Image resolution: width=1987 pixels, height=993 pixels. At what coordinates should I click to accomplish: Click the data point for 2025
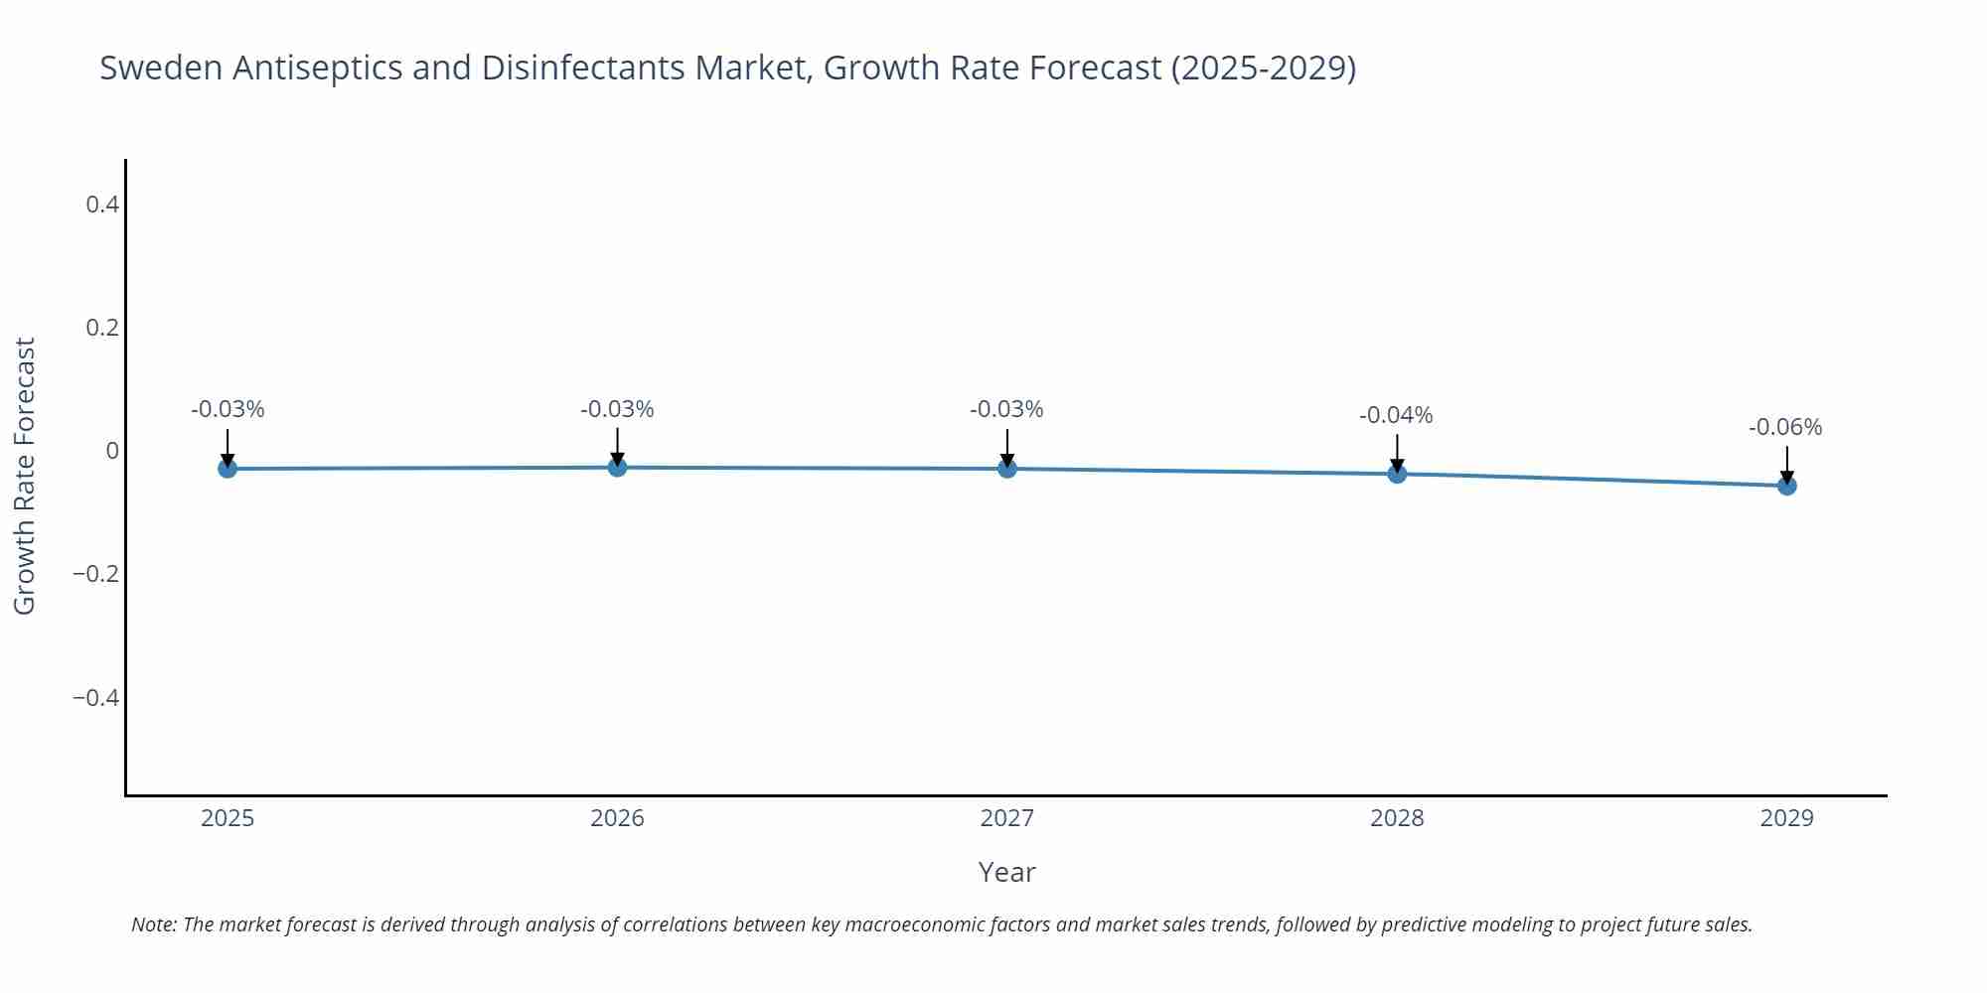(228, 468)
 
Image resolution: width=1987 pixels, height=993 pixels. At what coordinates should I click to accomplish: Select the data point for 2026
(617, 467)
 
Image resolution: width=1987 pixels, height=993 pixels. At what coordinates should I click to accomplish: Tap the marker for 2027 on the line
(1007, 468)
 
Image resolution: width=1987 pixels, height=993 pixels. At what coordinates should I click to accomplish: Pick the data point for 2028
(1397, 474)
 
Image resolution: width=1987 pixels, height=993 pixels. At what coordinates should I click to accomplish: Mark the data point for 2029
(1786, 486)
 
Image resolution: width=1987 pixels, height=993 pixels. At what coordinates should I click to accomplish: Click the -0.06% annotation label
(1785, 428)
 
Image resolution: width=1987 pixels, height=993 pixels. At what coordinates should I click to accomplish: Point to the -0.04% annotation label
(1396, 416)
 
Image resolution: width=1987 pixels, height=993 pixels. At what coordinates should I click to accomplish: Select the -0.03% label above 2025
(228, 410)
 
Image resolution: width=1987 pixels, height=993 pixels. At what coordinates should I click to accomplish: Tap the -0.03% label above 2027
(1006, 410)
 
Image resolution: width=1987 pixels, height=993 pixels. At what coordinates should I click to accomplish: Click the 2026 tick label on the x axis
(617, 818)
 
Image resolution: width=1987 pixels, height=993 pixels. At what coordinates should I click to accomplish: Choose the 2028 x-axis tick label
(1397, 818)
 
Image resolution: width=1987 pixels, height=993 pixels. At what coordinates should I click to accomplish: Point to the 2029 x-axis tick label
(1786, 818)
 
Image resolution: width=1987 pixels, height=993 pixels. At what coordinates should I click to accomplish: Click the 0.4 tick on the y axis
(102, 205)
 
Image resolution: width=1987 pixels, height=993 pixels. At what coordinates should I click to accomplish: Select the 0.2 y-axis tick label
(102, 328)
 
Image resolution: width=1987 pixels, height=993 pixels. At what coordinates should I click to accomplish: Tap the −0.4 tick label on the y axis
(95, 698)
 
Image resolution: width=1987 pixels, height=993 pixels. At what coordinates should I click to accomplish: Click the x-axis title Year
(1006, 873)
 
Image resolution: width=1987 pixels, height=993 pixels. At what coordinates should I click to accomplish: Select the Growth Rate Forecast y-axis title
(25, 476)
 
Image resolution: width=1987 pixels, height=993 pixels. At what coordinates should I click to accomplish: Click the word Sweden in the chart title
(161, 69)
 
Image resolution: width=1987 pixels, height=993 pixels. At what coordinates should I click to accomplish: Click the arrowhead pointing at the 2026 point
(617, 459)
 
